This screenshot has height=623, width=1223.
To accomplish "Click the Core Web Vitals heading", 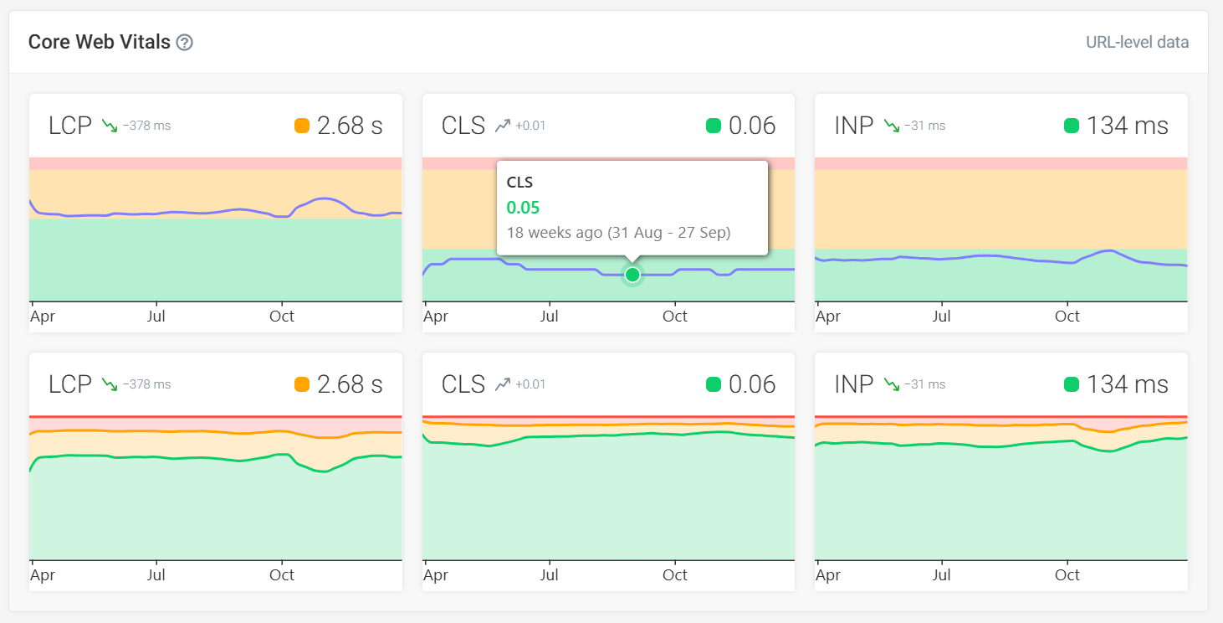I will click(x=99, y=42).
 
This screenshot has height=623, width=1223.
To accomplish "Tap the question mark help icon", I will click(x=185, y=43).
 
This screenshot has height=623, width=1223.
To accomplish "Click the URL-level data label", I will click(x=1137, y=43).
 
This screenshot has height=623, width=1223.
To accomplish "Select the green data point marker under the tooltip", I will click(x=632, y=275).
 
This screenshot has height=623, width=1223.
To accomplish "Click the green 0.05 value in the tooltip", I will click(x=524, y=208).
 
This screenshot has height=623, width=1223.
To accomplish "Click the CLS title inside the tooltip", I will click(x=519, y=183).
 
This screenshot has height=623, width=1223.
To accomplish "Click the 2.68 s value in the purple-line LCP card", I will click(x=350, y=126).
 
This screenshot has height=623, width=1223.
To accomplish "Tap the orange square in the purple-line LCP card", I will click(x=302, y=126).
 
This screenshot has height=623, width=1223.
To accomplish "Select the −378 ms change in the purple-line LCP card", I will click(x=146, y=126).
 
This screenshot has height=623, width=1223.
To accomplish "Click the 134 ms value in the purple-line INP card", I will click(x=1127, y=126).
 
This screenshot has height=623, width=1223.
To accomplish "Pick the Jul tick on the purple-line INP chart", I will click(x=942, y=317).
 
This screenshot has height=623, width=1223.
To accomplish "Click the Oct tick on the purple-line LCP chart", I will click(x=282, y=317).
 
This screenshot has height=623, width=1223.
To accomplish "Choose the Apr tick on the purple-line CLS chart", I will click(x=436, y=317).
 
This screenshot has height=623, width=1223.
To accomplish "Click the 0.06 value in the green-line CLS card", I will click(x=752, y=384).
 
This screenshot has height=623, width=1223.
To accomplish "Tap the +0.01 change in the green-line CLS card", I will click(x=530, y=384).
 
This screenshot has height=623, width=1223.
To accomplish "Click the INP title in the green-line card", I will click(x=853, y=384).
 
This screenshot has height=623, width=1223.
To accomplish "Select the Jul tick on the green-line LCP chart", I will click(x=156, y=575).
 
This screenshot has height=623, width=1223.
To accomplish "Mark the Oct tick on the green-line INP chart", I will click(x=1067, y=575).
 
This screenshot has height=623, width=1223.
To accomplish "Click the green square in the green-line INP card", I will click(x=1072, y=384).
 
